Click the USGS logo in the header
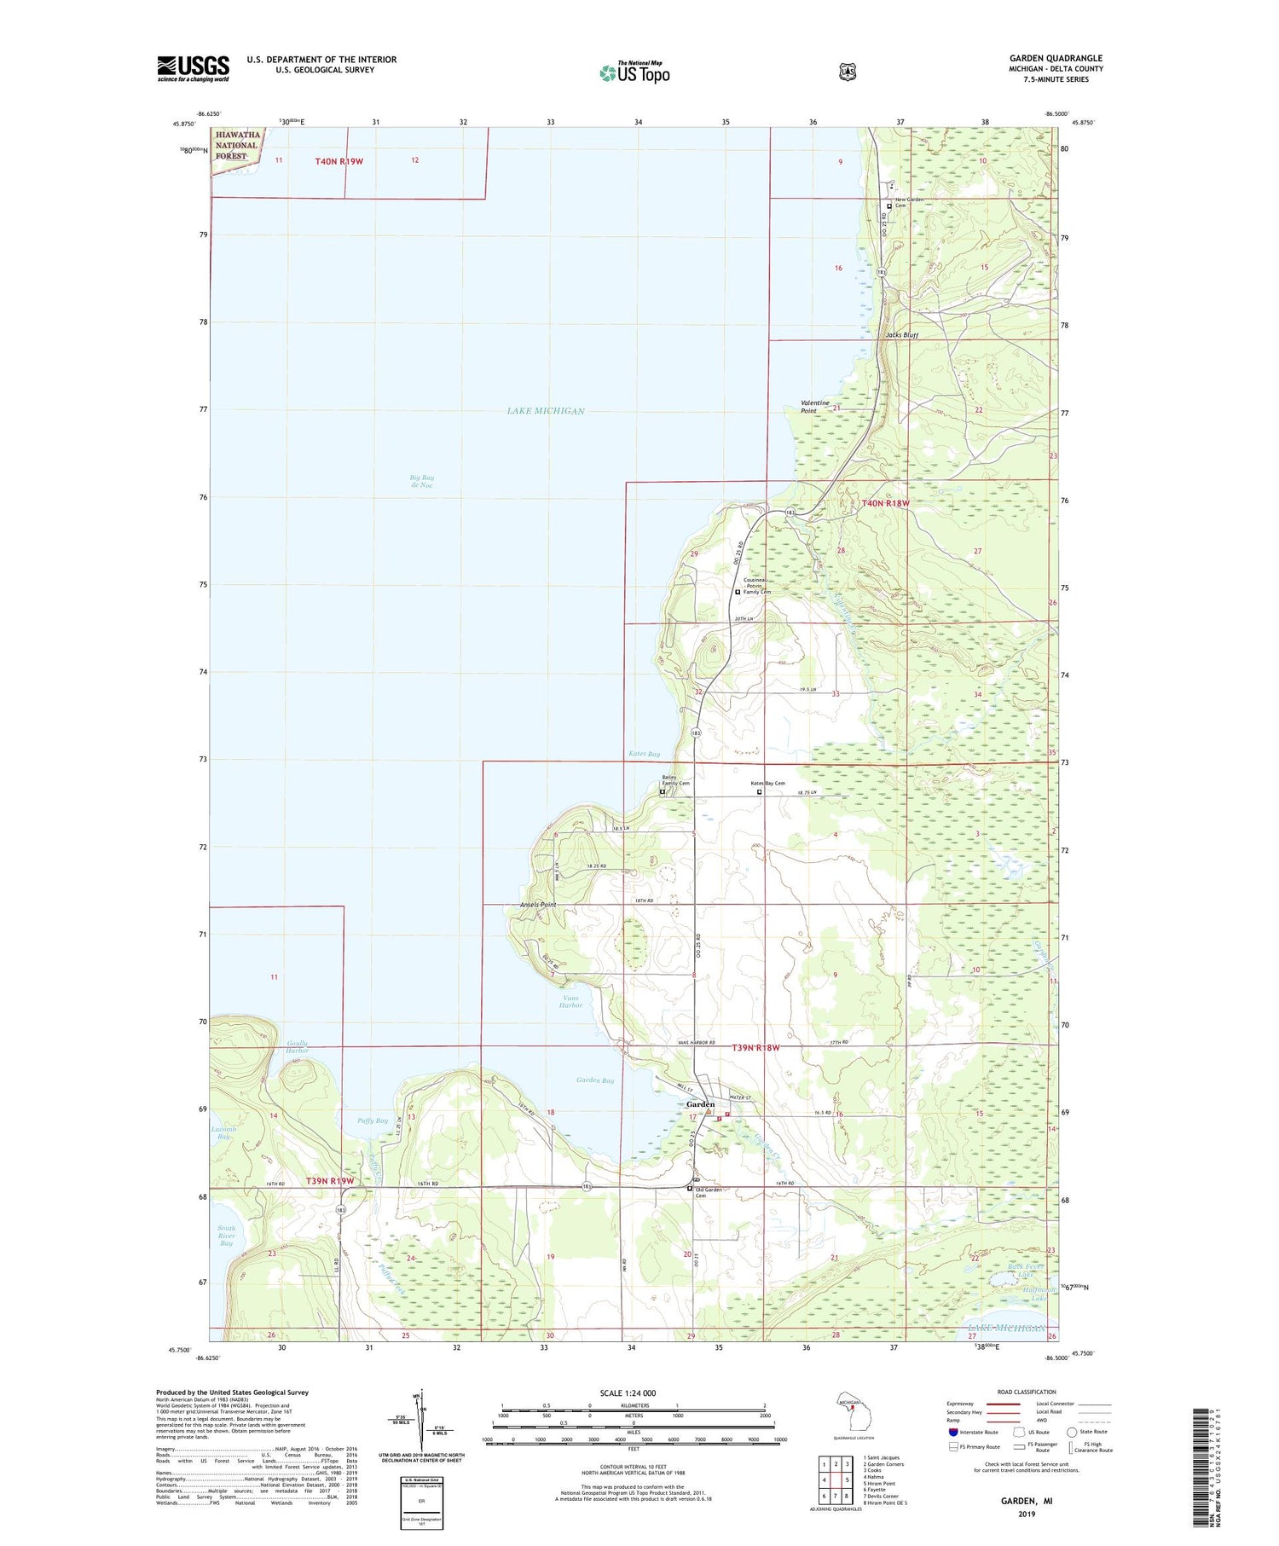tap(193, 68)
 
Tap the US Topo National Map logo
tap(634, 72)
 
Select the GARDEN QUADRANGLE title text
tap(1056, 59)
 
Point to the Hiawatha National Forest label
tap(237, 145)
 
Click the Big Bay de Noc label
tap(421, 481)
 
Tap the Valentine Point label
tap(814, 407)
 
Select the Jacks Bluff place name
tap(901, 335)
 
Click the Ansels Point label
tap(538, 904)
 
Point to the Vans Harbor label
tap(570, 1001)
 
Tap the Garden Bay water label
tap(594, 1080)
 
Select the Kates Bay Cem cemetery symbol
tap(760, 791)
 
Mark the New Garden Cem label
tap(911, 202)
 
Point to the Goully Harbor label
tap(298, 1046)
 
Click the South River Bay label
tap(226, 1236)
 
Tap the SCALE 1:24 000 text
tap(628, 1393)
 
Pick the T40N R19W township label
tap(339, 161)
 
